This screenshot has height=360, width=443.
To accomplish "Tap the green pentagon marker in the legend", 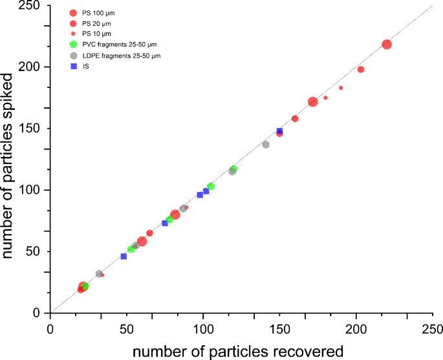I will pos(73,44).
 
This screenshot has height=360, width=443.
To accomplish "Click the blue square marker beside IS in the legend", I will pos(73,66).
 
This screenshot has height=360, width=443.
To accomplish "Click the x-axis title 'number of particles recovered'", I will pos(237,351).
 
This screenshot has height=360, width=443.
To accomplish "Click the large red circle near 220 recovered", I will pos(387,45).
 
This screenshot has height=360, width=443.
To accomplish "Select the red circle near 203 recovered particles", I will pos(361,69).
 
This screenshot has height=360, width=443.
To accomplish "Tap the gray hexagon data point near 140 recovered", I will pos(265,144).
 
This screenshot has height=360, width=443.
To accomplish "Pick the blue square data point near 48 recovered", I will pos(124,257).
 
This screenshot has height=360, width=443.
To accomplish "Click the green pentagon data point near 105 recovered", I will pos(211,186).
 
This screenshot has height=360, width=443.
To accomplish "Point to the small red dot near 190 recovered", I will pos(341,88).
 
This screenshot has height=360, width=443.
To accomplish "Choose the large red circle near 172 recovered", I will pos(313,101).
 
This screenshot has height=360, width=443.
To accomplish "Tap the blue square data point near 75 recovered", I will pos(165,223).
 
